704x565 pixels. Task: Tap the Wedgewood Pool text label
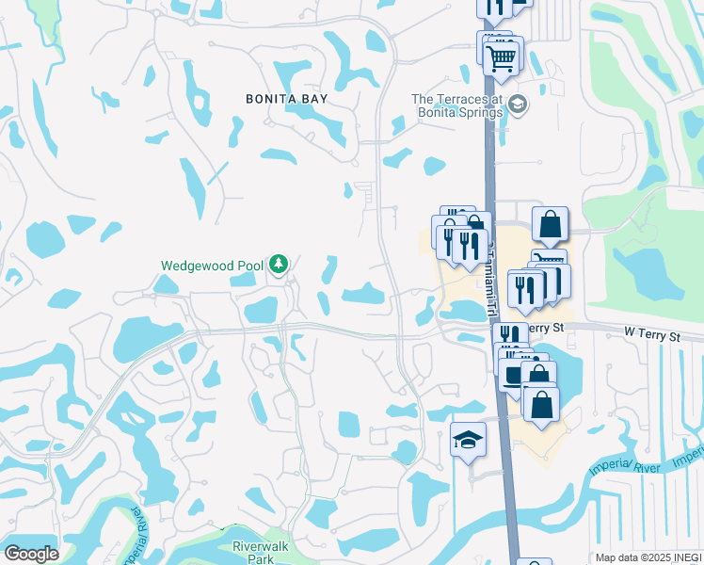click(212, 266)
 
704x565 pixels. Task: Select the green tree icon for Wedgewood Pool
click(278, 265)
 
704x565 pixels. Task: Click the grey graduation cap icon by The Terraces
click(520, 104)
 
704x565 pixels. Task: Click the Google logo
click(31, 554)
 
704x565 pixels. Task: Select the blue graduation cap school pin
click(468, 440)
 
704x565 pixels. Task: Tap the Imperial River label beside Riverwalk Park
click(133, 532)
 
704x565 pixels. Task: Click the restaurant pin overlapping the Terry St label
click(509, 336)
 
